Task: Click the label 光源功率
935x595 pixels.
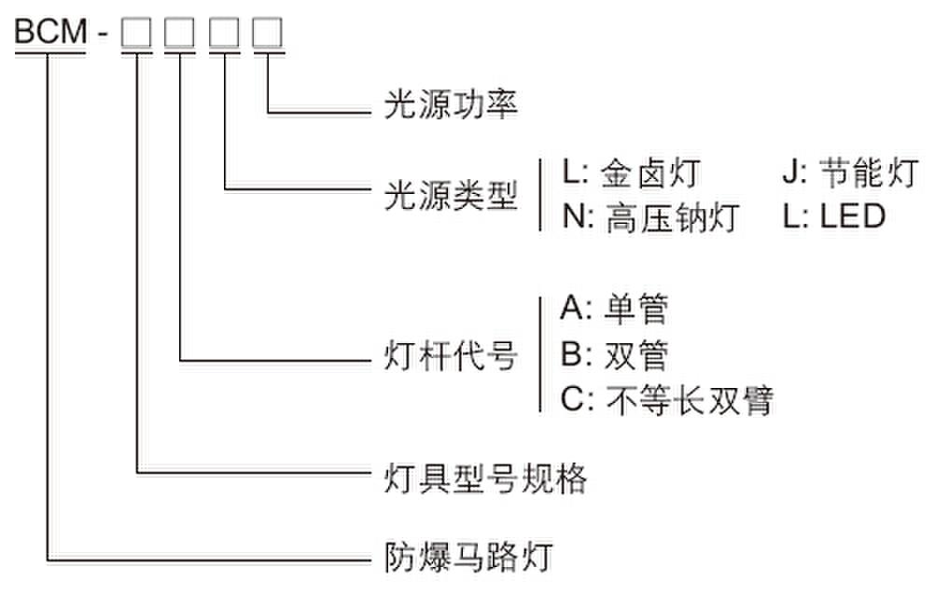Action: (x=451, y=104)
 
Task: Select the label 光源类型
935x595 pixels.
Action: (x=451, y=195)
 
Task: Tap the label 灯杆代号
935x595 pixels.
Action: (x=451, y=357)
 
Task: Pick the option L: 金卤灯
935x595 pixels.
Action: (x=630, y=174)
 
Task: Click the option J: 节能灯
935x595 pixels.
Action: (x=850, y=174)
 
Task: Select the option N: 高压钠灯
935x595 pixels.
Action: (x=650, y=218)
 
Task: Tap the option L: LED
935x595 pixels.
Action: (x=833, y=218)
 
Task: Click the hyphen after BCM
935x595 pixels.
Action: (x=105, y=34)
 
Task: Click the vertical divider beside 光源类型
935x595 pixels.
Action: (x=540, y=195)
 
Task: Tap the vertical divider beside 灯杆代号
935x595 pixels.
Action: (x=540, y=354)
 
